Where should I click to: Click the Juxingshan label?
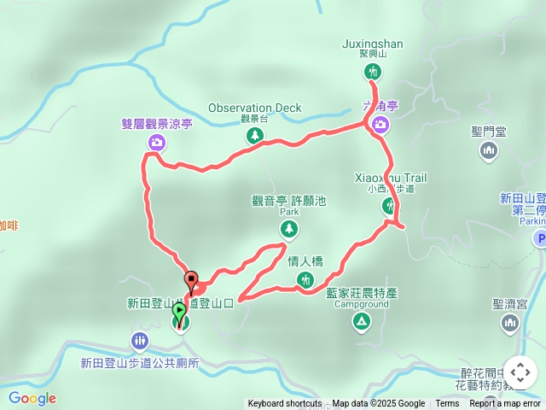372,44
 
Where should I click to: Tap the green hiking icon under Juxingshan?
372,73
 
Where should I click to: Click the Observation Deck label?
255,108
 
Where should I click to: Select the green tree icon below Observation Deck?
253,136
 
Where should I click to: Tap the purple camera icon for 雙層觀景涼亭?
156,143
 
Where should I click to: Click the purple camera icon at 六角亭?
380,126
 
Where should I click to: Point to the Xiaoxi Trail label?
391,178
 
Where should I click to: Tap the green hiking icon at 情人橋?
305,280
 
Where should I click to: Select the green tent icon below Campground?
361,321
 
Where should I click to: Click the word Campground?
355,303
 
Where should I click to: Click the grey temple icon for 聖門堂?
489,151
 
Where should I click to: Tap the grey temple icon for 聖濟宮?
510,322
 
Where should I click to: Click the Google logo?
32,398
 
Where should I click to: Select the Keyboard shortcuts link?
284,404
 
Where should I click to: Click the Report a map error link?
505,404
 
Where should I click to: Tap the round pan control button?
520,373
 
